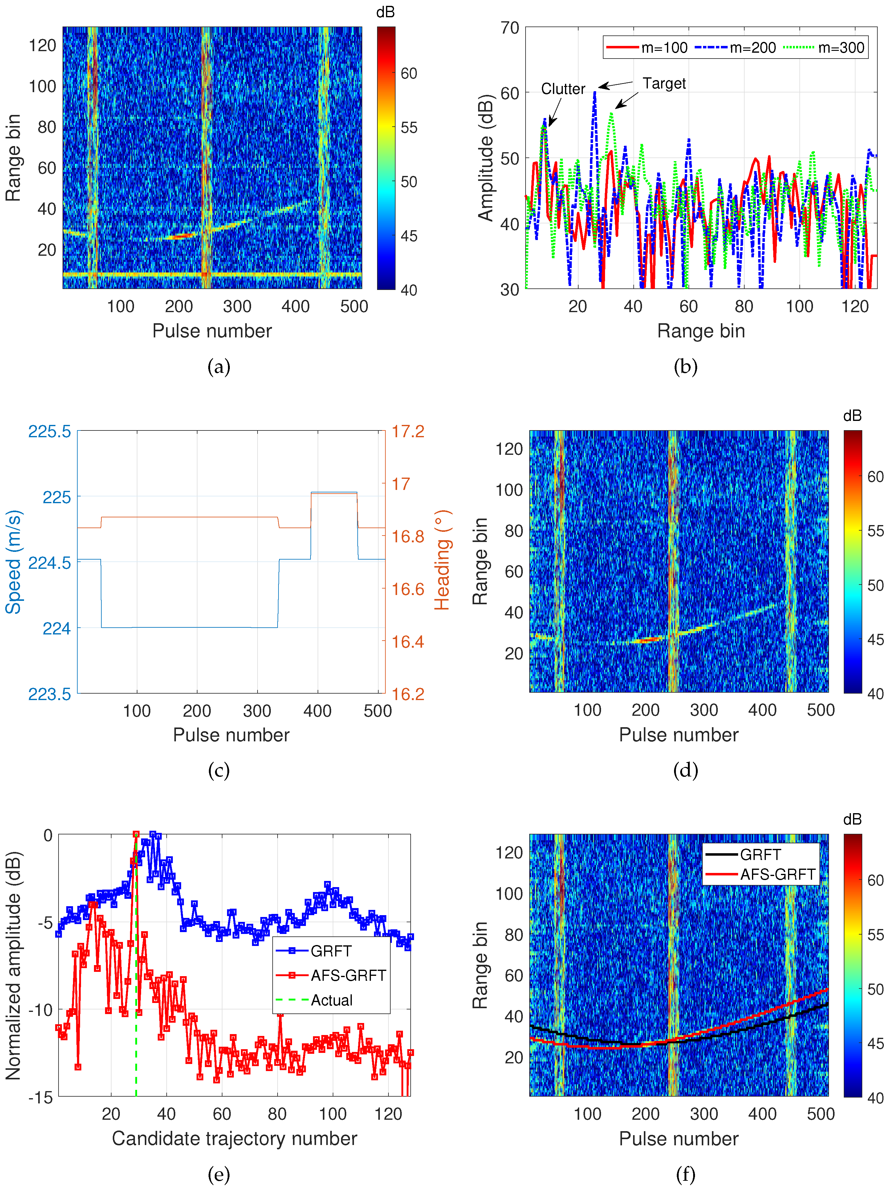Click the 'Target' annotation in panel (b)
pyautogui.click(x=664, y=84)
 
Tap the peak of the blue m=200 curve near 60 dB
pyautogui.click(x=594, y=92)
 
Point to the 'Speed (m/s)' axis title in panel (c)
pyautogui.click(x=14, y=562)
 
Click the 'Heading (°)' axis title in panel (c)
pyautogui.click(x=442, y=560)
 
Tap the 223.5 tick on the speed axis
pyautogui.click(x=50, y=694)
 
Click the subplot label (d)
pyautogui.click(x=685, y=770)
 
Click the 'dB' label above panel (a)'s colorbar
pyautogui.click(x=385, y=12)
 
